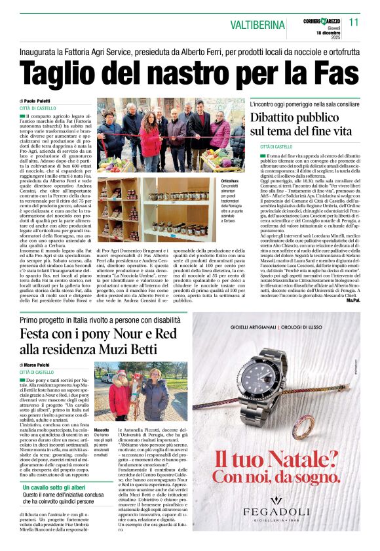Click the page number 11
pos(354,22)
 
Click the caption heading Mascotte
pos(102,430)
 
